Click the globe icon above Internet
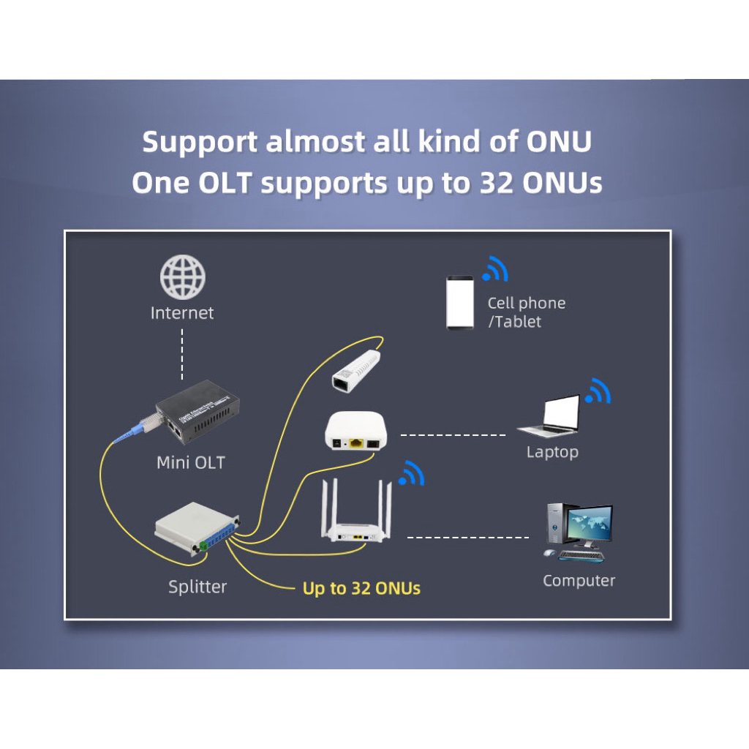[x=183, y=277]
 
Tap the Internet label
[x=182, y=313]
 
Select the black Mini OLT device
[x=192, y=420]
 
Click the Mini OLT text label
[x=191, y=462]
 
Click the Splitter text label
[x=197, y=587]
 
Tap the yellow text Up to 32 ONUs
[x=361, y=588]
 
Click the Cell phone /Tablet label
[x=526, y=312]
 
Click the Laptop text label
[x=552, y=452]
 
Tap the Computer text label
[x=579, y=581]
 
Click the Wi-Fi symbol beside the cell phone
[x=496, y=269]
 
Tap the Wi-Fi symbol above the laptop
[x=599, y=392]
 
